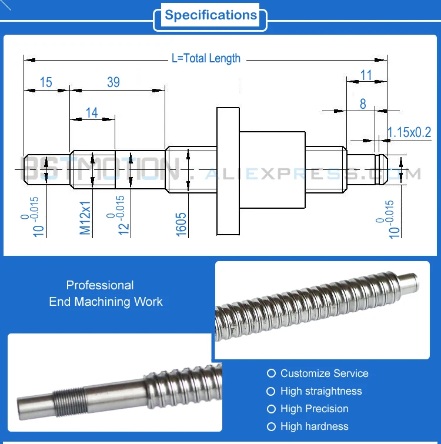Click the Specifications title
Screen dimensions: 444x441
pos(211,16)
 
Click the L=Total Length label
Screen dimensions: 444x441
pos(206,58)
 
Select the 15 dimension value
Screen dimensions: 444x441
pos(46,82)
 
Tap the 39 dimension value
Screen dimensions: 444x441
pos(113,82)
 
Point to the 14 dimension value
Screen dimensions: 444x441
pos(92,112)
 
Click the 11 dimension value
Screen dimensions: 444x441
pos(366,75)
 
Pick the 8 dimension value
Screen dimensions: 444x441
pos(363,104)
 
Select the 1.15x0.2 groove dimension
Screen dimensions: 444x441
pos(409,133)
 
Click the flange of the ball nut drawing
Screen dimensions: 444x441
pos(229,171)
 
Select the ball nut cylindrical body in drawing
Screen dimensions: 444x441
pos(273,171)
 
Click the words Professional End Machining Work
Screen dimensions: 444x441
pos(105,293)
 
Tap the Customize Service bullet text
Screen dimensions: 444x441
pos(324,373)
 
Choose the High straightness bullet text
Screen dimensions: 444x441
pos(321,391)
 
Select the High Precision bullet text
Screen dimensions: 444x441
pos(314,409)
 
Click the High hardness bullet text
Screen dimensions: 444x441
pos(314,426)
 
